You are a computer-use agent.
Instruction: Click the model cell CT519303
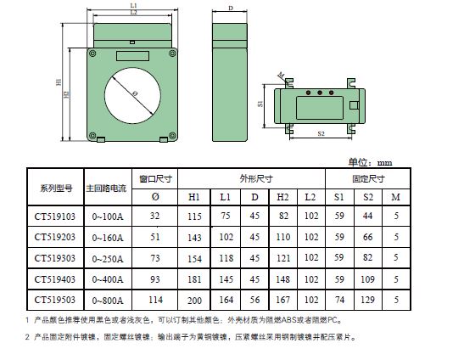pyautogui.click(x=55, y=258)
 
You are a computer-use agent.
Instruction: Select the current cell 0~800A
pyautogui.click(x=108, y=301)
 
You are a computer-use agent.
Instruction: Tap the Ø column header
pyautogui.click(x=155, y=197)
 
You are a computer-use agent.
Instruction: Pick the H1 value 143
pyautogui.click(x=194, y=238)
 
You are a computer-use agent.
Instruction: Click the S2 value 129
pyautogui.click(x=367, y=300)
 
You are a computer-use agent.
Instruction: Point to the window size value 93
pyautogui.click(x=154, y=279)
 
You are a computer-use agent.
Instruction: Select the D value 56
pyautogui.click(x=254, y=300)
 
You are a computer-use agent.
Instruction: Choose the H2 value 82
pyautogui.click(x=283, y=216)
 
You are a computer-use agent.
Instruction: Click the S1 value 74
pyautogui.click(x=339, y=300)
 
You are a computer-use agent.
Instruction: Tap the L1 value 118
pyautogui.click(x=226, y=258)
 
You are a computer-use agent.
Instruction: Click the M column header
pyautogui.click(x=395, y=197)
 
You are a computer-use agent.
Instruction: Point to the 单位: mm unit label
pyautogui.click(x=370, y=162)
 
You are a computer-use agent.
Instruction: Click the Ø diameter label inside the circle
pyautogui.click(x=135, y=94)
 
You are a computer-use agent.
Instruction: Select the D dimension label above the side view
pyautogui.click(x=231, y=8)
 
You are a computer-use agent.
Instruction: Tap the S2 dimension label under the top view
pyautogui.click(x=321, y=133)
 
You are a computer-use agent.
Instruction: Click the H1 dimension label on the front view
pyautogui.click(x=59, y=82)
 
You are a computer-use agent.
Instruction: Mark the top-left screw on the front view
pyautogui.click(x=92, y=53)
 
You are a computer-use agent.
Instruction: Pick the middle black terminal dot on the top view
pyautogui.click(x=320, y=93)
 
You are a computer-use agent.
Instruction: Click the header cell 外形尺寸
pyautogui.click(x=256, y=178)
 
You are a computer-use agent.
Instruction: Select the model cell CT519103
pyautogui.click(x=55, y=217)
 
